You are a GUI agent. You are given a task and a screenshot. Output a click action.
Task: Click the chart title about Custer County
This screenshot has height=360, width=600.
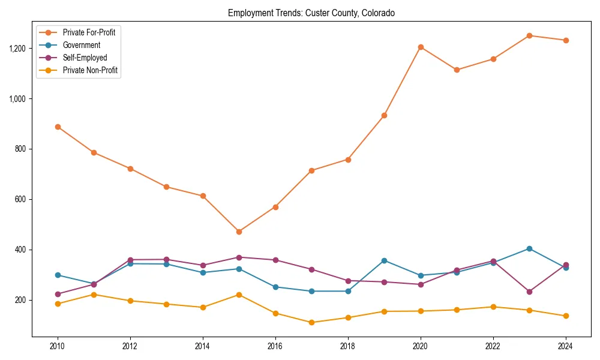pyautogui.click(x=311, y=13)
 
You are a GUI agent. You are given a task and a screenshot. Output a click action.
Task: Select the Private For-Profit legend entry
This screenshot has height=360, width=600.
pyautogui.click(x=89, y=32)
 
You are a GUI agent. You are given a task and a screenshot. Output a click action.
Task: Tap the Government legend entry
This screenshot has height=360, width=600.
pyautogui.click(x=81, y=45)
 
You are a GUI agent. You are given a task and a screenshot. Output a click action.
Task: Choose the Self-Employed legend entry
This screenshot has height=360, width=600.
pyautogui.click(x=85, y=58)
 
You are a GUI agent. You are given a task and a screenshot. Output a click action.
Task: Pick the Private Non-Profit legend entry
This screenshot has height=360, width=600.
pyautogui.click(x=90, y=70)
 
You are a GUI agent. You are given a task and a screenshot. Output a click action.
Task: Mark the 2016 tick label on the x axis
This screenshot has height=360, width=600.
pyautogui.click(x=275, y=346)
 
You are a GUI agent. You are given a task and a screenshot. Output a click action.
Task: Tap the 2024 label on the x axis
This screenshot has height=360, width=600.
pyautogui.click(x=565, y=346)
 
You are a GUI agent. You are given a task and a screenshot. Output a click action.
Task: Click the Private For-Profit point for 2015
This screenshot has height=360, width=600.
pyautogui.click(x=239, y=232)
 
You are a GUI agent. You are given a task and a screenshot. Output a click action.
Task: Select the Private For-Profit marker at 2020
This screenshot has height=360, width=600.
pyautogui.click(x=420, y=47)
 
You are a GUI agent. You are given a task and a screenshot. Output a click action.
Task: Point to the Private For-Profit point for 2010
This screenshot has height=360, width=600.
pyautogui.click(x=58, y=127)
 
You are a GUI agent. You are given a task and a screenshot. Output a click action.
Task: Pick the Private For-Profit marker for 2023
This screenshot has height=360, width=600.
pyautogui.click(x=529, y=35)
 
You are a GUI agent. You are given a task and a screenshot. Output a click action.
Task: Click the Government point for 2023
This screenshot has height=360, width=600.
pyautogui.click(x=529, y=248)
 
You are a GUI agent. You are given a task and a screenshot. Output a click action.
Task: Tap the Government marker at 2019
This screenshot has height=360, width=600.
pyautogui.click(x=384, y=260)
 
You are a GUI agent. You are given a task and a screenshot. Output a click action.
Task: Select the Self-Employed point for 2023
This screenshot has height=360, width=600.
pyautogui.click(x=529, y=292)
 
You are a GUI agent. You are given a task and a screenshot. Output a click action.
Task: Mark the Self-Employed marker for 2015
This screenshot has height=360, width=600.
pyautogui.click(x=239, y=257)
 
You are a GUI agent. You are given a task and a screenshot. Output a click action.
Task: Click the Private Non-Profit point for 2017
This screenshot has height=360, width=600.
pyautogui.click(x=311, y=322)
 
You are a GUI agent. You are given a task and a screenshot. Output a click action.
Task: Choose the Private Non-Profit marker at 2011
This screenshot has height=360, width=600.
pyautogui.click(x=94, y=295)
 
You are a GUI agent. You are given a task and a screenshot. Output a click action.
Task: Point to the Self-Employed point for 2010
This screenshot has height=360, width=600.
pyautogui.click(x=58, y=294)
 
